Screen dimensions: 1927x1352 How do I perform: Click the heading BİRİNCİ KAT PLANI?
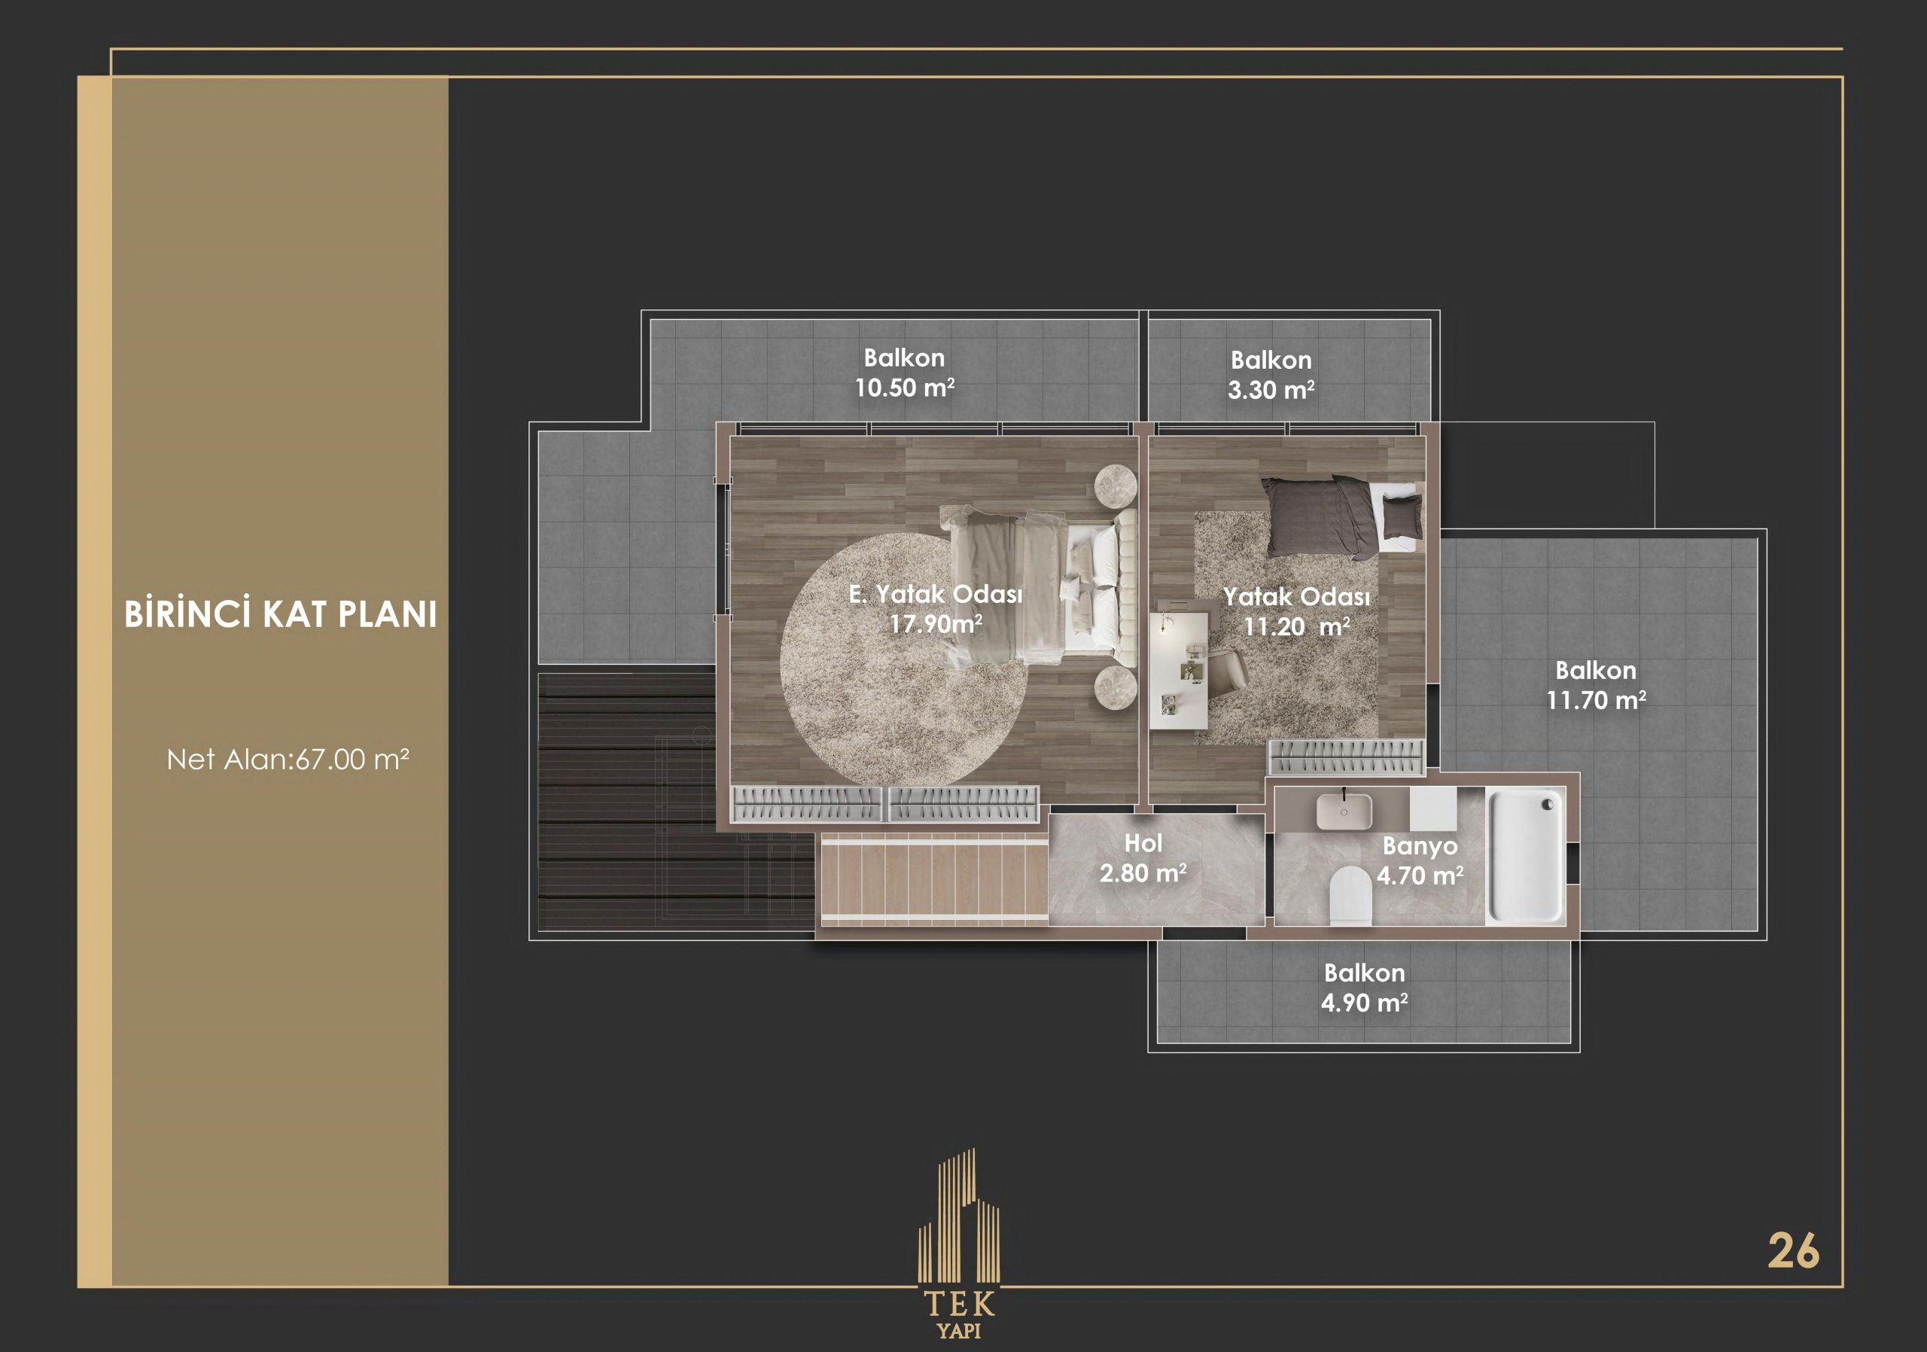pos(280,614)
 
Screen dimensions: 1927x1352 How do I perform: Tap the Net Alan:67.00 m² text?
pos(288,760)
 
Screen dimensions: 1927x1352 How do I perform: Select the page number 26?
pos(1794,1251)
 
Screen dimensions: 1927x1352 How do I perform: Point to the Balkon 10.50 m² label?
pos(905,373)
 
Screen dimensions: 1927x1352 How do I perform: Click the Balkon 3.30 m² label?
pos(1271,375)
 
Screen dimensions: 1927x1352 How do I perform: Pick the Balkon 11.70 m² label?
pos(1596,686)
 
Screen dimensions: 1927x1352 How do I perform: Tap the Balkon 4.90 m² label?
pos(1364,988)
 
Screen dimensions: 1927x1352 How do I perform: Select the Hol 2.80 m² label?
pos(1143,858)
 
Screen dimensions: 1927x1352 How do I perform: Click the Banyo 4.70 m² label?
pos(1420,860)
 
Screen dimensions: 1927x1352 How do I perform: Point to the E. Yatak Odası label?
pos(936,594)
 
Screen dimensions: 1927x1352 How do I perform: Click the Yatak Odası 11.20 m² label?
pos(1297,611)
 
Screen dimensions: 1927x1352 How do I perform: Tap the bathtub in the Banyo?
pos(1525,855)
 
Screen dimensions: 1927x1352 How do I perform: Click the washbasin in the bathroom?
pos(1344,811)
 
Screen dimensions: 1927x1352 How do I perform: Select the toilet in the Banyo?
pos(1350,897)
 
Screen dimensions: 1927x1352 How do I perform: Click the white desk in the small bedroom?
pos(1178,670)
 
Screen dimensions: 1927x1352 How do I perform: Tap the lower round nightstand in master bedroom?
pos(1116,687)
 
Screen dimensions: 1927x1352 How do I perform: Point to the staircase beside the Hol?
pos(934,879)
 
